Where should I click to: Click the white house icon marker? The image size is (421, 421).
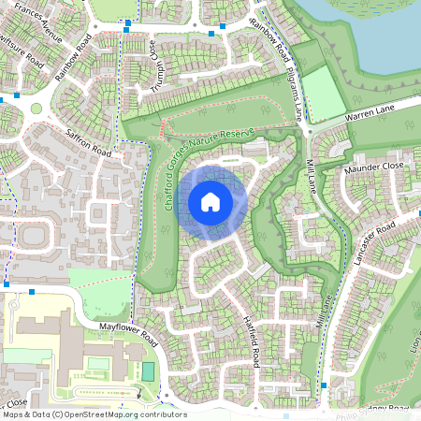pos(210,201)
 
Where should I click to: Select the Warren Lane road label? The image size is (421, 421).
pos(371,116)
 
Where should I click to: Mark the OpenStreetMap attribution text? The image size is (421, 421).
pos(94,414)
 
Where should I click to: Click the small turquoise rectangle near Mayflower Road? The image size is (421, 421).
pos(148,371)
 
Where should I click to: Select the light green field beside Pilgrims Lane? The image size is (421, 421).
pos(324,94)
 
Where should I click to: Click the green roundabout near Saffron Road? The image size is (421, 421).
pos(36,109)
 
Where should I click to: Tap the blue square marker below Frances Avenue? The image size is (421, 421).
pos(125,30)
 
